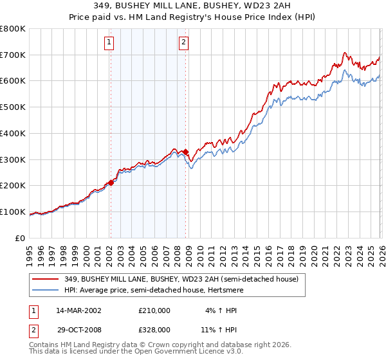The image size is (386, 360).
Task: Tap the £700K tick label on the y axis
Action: click(13, 55)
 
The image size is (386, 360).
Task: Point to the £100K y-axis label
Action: click(13, 212)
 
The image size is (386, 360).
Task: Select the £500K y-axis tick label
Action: click(13, 107)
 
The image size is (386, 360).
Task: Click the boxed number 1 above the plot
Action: click(109, 43)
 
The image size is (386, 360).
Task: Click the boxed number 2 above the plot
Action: click(184, 43)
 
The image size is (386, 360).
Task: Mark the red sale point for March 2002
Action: click(111, 183)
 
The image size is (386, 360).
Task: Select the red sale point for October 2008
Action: click(186, 152)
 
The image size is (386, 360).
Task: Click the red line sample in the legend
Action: click(46, 280)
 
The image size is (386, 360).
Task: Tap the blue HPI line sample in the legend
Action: click(46, 291)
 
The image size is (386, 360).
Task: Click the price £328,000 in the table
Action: click(154, 328)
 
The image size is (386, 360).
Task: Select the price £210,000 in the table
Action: click(154, 310)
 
